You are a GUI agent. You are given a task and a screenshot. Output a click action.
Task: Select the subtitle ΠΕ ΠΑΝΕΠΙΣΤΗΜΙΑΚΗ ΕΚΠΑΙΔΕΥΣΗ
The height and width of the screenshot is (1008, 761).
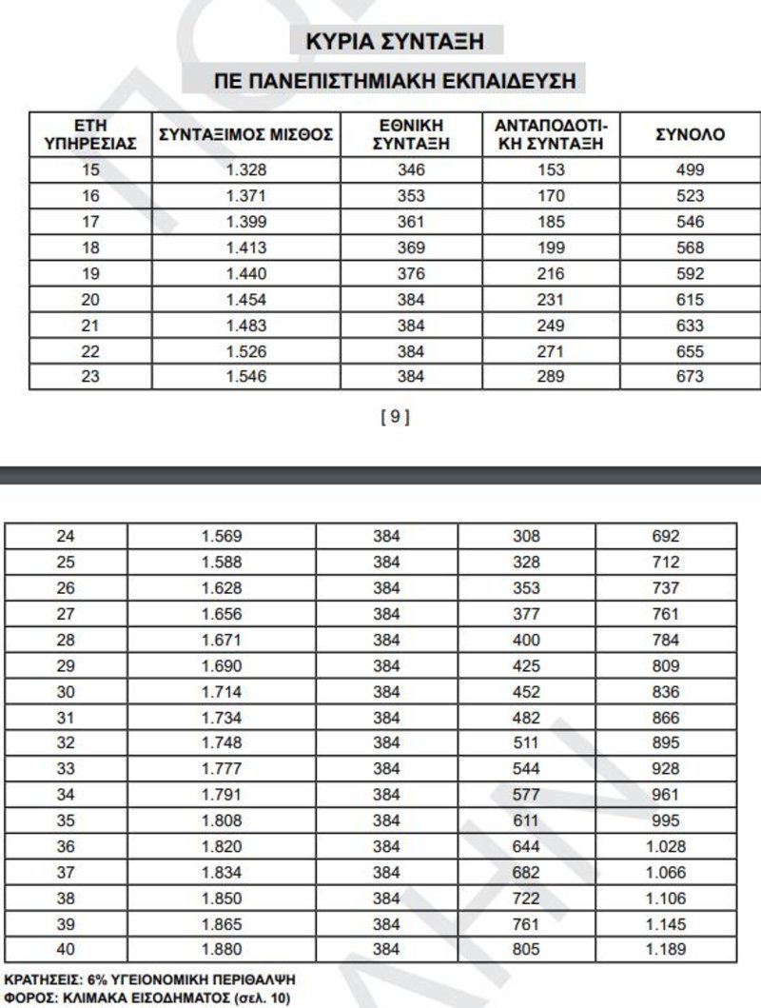[395, 81]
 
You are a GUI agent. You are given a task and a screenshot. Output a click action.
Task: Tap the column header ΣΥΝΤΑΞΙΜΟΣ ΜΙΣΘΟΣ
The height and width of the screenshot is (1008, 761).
[245, 135]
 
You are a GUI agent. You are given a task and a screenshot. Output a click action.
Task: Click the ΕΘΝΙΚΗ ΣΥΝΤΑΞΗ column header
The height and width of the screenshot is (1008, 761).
[412, 135]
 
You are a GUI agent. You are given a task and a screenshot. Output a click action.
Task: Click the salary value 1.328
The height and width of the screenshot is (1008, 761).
[245, 170]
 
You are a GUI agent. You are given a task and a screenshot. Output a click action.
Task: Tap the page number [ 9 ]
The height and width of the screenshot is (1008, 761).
[395, 417]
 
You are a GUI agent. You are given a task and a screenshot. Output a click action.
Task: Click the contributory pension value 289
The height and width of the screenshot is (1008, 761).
[551, 376]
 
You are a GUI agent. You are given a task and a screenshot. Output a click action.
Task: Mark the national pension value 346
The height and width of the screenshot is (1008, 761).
[412, 170]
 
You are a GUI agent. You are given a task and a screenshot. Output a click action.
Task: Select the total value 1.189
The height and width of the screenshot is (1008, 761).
[666, 948]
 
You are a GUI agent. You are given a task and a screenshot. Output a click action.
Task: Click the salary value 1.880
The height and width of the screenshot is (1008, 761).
[221, 948]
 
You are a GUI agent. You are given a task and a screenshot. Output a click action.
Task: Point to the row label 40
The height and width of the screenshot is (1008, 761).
[66, 948]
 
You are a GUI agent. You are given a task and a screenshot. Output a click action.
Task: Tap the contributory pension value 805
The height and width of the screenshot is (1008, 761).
[526, 948]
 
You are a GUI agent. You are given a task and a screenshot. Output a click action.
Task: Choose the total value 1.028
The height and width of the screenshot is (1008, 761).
[666, 846]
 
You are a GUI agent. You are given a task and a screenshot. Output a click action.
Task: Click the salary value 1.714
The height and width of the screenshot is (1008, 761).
[221, 692]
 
